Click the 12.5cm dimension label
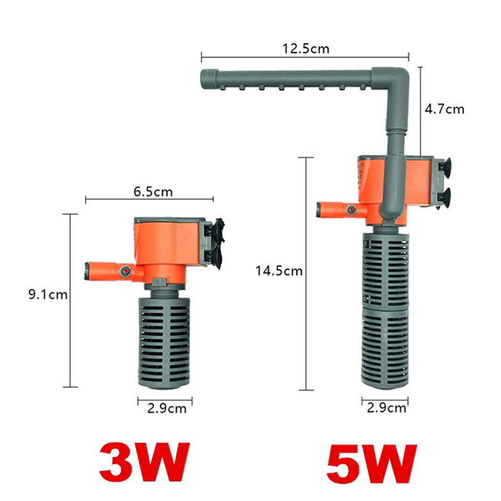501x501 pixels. (x=306, y=49)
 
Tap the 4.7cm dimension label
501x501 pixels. (x=444, y=109)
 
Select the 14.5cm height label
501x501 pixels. (x=279, y=271)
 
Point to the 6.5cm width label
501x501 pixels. (x=153, y=192)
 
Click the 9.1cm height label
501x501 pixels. (x=48, y=294)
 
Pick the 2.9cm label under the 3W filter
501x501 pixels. (x=167, y=409)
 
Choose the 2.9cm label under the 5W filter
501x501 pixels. (x=386, y=408)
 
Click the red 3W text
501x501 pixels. (x=145, y=462)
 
